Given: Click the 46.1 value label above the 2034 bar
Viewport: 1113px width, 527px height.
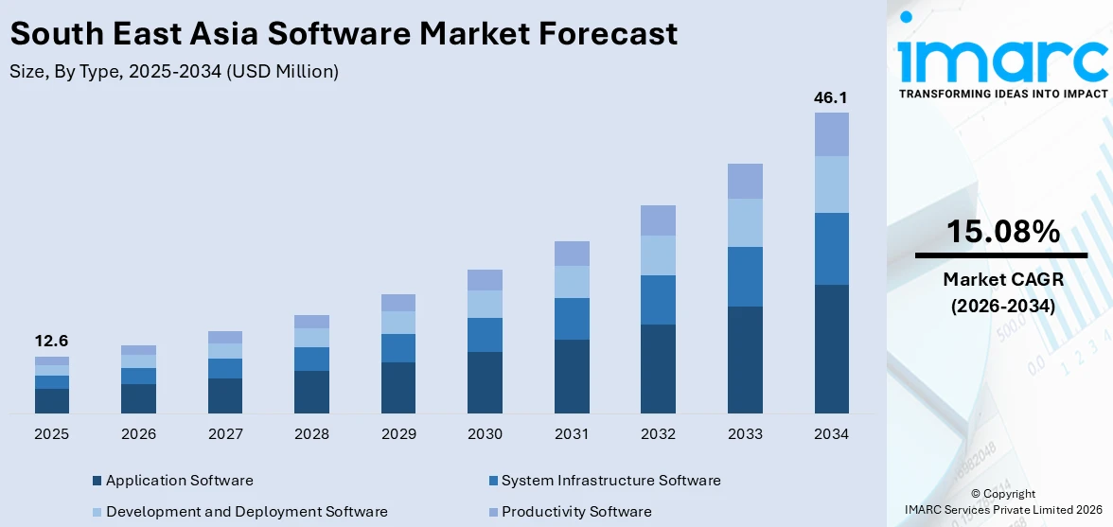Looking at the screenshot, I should [831, 97].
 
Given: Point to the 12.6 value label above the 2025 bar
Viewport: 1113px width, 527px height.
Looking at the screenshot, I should [51, 342].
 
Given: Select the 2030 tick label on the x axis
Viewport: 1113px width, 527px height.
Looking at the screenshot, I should [485, 434].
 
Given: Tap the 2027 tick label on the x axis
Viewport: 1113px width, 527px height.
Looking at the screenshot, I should [225, 434].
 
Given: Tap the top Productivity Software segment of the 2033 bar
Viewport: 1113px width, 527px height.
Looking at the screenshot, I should [745, 181].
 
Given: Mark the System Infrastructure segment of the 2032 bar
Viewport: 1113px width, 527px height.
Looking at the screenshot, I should [658, 300].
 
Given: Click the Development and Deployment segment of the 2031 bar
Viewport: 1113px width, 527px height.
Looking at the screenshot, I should [572, 282].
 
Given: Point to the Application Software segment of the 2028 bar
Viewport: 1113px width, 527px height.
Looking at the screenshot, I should [311, 392].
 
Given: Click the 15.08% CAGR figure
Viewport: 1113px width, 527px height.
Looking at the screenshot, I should [1002, 231].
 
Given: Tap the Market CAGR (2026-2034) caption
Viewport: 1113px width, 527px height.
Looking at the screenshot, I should [1002, 292].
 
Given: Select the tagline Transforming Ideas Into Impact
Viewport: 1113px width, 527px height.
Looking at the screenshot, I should [1002, 94].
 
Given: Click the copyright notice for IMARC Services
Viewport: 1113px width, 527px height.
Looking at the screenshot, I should [1003, 502].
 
